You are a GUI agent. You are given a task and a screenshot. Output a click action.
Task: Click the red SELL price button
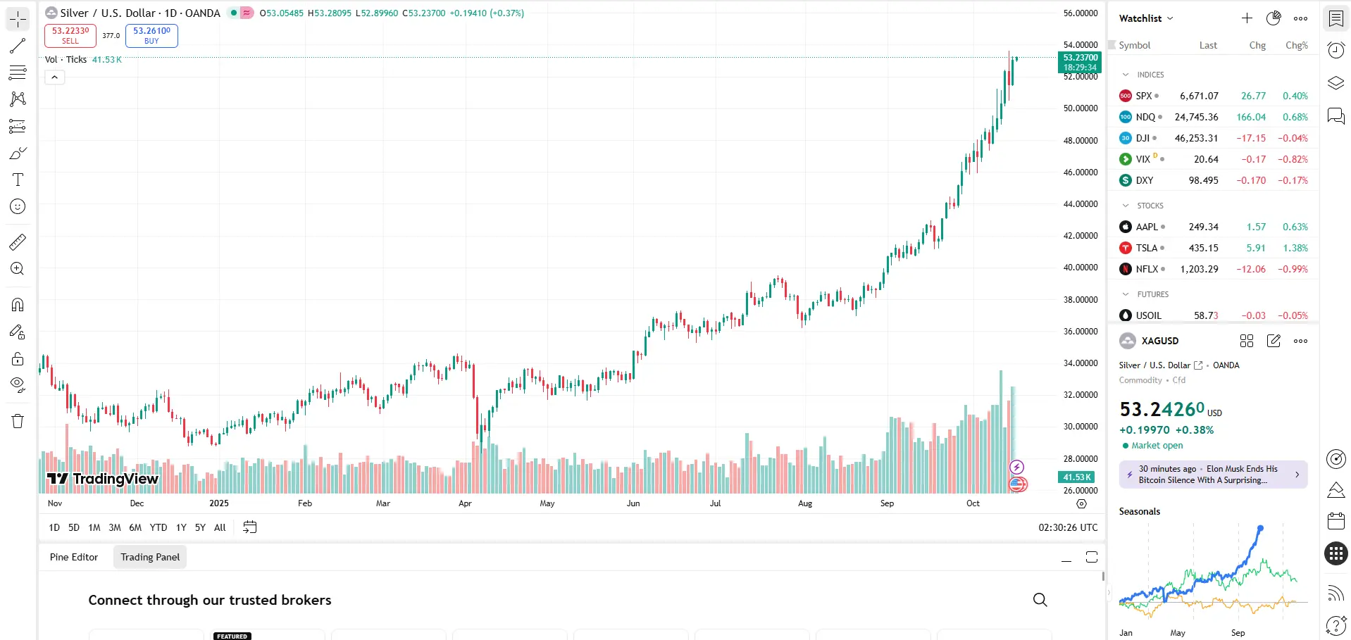tap(70, 35)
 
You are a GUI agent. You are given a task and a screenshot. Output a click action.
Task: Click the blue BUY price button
tap(151, 35)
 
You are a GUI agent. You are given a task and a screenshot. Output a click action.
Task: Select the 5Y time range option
tap(200, 527)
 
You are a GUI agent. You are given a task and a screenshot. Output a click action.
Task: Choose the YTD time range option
tap(158, 527)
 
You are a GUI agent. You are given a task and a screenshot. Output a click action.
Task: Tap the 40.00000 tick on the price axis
tap(1080, 268)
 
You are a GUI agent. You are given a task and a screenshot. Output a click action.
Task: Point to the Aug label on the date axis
tap(805, 503)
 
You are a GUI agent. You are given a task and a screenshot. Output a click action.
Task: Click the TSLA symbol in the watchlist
tap(1146, 248)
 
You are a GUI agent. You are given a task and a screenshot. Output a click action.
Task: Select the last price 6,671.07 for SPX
tap(1199, 96)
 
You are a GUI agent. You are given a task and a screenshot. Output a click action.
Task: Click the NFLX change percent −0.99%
tap(1293, 269)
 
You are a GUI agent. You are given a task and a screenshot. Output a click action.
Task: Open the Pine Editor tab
tap(74, 557)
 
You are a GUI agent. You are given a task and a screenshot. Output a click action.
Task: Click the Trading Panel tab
tap(150, 557)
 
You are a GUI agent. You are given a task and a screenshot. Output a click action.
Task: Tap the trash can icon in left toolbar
tap(18, 421)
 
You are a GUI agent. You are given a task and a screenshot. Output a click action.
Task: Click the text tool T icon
tap(18, 180)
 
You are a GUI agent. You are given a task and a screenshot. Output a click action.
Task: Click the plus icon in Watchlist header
tap(1247, 18)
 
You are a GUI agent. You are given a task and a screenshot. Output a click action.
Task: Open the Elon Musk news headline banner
tap(1212, 475)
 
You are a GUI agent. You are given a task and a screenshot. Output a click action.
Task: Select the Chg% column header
tap(1296, 45)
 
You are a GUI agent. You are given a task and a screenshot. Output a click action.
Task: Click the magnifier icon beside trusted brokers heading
tap(1040, 600)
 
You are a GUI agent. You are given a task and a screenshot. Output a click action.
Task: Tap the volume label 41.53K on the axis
tap(1076, 477)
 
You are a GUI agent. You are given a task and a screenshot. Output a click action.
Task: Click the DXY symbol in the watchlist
tap(1144, 180)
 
